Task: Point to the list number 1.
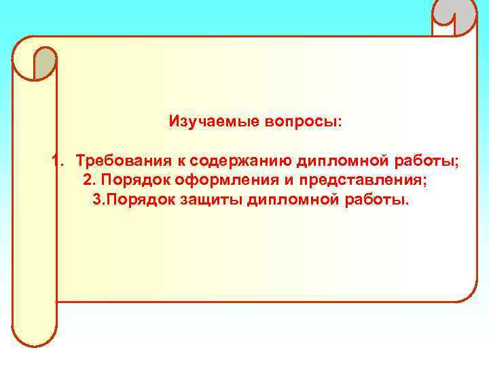(57, 162)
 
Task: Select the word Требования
(122, 162)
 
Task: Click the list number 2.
(89, 181)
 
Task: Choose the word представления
(358, 181)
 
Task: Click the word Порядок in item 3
(142, 201)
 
